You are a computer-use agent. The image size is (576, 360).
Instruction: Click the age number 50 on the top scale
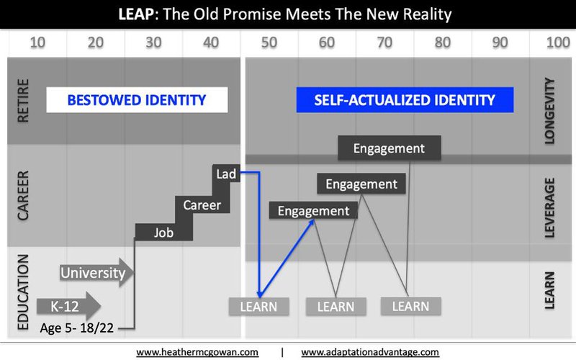[x=269, y=42]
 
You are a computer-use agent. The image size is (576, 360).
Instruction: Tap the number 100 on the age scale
[x=558, y=42]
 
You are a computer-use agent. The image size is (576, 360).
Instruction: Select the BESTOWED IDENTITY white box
[x=137, y=100]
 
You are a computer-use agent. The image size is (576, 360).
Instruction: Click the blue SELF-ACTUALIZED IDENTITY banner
[x=405, y=100]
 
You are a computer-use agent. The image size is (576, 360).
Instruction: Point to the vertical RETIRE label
[x=23, y=100]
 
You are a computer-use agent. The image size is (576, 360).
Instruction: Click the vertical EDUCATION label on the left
[x=23, y=292]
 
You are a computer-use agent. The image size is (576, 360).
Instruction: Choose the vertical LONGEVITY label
[x=549, y=111]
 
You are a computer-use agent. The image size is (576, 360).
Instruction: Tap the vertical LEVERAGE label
[x=549, y=207]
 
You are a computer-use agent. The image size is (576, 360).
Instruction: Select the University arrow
[x=96, y=273]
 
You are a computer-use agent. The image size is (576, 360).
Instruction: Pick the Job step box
[x=164, y=232]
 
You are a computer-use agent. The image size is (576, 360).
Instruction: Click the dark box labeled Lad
[x=226, y=174]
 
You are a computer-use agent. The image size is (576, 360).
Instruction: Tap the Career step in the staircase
[x=202, y=204]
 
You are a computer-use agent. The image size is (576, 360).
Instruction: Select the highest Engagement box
[x=390, y=148]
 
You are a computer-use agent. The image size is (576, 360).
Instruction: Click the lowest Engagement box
[x=313, y=211]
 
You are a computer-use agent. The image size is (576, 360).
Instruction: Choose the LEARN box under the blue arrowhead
[x=258, y=307]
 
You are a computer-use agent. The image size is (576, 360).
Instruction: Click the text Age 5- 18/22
[x=77, y=328]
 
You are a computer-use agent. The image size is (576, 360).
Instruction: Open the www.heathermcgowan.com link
[x=197, y=352]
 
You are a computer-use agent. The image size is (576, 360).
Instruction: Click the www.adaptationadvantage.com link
[x=370, y=352]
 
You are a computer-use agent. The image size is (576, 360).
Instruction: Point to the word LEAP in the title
[x=136, y=14]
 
